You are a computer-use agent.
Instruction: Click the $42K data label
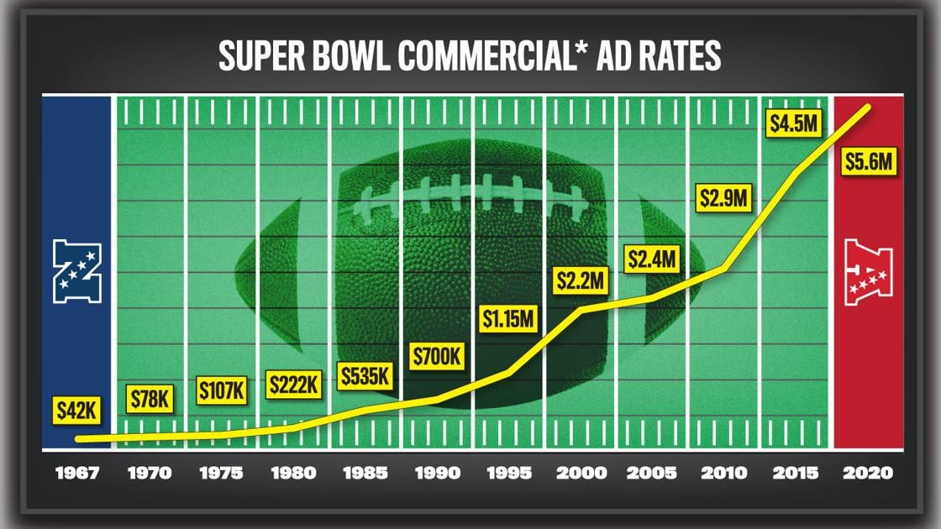click(x=78, y=411)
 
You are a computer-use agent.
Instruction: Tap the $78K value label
click(x=150, y=400)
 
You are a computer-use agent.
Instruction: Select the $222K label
click(x=294, y=385)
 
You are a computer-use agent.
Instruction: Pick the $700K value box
click(x=437, y=356)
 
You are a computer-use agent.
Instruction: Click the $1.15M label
click(x=507, y=318)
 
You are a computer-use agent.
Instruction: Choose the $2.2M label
click(x=581, y=280)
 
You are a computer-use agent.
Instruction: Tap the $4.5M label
click(x=794, y=124)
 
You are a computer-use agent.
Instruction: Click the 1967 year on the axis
click(x=78, y=474)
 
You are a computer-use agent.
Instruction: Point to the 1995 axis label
click(x=509, y=474)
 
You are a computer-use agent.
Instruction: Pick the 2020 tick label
click(x=869, y=474)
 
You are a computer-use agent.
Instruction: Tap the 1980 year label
click(x=294, y=474)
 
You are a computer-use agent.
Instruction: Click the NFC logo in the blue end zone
click(x=77, y=271)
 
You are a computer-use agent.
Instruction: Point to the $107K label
click(x=222, y=390)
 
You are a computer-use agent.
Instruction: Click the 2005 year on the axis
click(x=653, y=474)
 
